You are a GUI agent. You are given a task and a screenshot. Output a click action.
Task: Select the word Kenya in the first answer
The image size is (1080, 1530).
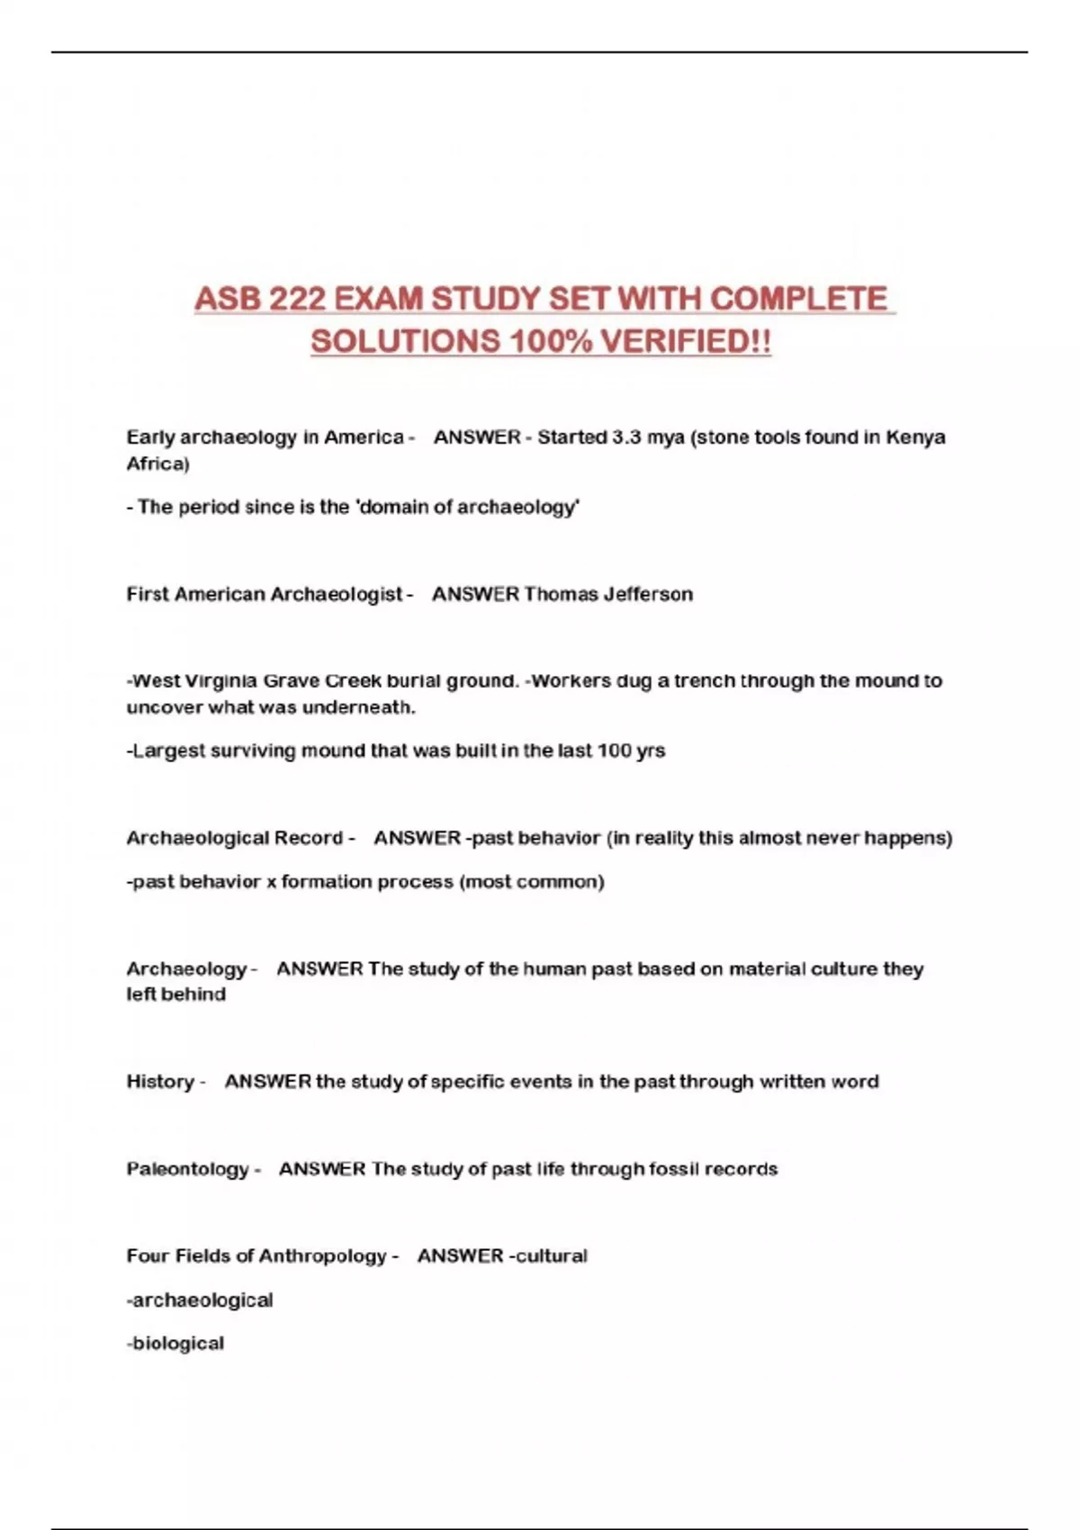pos(915,437)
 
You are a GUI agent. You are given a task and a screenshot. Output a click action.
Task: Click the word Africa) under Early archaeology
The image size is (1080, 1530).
pos(158,463)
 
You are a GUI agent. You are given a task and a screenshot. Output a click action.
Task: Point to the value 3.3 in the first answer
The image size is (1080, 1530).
pos(623,437)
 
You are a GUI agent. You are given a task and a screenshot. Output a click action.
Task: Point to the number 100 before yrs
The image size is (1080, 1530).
pos(614,751)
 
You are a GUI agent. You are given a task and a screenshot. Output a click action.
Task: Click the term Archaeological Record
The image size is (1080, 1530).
pos(235,838)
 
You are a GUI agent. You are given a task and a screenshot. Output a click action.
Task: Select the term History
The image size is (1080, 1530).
pos(160,1081)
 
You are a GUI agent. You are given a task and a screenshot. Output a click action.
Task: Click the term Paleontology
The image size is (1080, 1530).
pos(188,1169)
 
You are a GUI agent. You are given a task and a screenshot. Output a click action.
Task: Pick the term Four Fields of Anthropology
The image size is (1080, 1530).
pos(256,1255)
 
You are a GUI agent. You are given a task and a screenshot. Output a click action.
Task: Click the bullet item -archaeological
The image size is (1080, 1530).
pos(200,1300)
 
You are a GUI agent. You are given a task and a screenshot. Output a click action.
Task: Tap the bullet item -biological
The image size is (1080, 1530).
pos(175,1343)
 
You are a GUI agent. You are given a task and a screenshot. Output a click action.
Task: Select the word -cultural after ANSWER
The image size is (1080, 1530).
pos(548,1255)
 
